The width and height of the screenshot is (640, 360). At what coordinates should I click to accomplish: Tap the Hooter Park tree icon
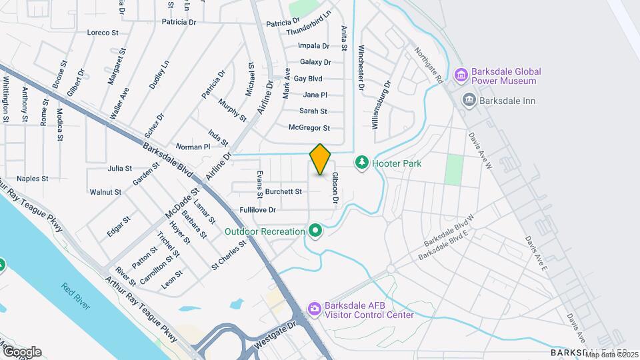click(x=362, y=163)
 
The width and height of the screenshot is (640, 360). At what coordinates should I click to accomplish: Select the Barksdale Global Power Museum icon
click(x=460, y=75)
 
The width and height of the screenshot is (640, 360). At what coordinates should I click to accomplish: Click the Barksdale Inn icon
click(x=469, y=100)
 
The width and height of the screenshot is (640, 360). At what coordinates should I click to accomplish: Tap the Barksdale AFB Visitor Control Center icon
click(x=315, y=310)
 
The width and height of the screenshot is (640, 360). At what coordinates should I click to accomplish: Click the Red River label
click(x=76, y=297)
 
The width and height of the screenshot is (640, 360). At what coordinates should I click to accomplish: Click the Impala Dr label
click(x=313, y=46)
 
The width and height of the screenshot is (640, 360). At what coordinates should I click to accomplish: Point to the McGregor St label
click(x=309, y=127)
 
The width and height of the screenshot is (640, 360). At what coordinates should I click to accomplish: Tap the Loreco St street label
click(x=103, y=32)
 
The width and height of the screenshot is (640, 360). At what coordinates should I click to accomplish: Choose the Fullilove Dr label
click(x=257, y=209)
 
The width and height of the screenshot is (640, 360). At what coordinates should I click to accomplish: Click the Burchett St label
click(x=283, y=191)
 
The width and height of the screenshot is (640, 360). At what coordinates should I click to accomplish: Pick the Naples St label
click(x=33, y=179)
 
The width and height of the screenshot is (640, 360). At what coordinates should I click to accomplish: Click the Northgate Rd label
click(x=430, y=65)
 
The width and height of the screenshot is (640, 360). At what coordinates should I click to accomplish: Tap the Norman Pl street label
click(x=193, y=146)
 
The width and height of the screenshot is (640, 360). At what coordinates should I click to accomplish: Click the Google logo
click(x=21, y=351)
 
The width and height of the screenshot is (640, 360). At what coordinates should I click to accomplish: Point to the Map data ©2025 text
click(x=611, y=354)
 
